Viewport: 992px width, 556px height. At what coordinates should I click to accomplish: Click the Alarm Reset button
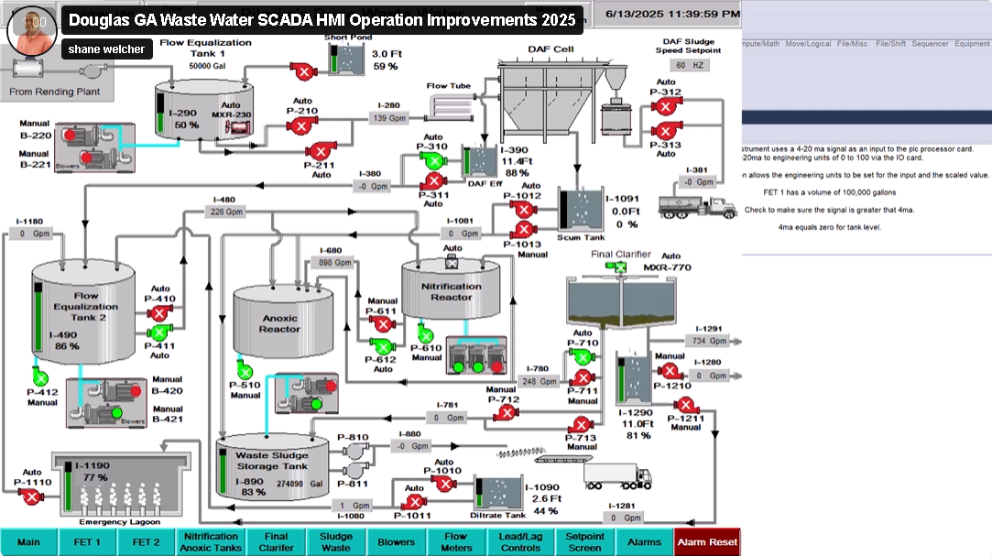[x=706, y=542]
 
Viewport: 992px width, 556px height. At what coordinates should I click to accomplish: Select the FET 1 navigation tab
[x=88, y=542]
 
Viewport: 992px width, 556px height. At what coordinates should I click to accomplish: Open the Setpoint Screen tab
[x=584, y=542]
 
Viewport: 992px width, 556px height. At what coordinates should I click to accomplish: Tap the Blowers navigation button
[x=397, y=542]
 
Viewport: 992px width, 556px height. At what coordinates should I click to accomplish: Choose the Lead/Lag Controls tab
[x=519, y=542]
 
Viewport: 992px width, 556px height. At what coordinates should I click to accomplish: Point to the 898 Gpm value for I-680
[x=334, y=263]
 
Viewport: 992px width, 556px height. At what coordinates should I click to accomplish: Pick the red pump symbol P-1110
[x=32, y=496]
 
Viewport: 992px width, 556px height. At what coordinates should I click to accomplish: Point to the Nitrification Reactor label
[x=452, y=290]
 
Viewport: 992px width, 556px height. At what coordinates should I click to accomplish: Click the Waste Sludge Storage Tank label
[x=272, y=460]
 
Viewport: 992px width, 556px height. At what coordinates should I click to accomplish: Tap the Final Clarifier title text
[x=621, y=254]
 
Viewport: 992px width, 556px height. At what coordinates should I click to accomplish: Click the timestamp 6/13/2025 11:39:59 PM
[x=673, y=14]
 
